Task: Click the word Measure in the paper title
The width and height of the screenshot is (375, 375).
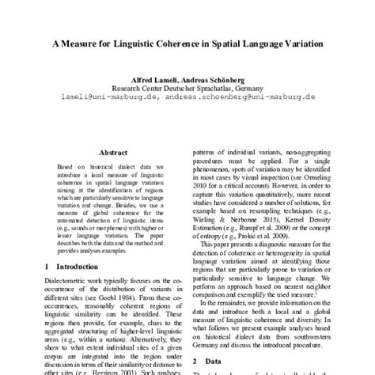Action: coord(95,45)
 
